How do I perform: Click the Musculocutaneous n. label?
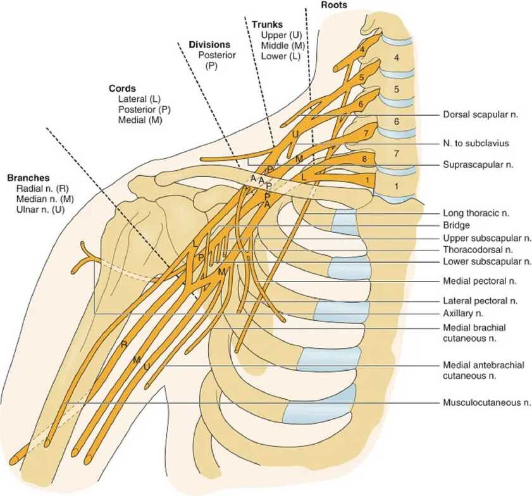point(486,402)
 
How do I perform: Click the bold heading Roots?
point(334,5)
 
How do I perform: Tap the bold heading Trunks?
point(267,25)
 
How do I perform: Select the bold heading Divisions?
point(209,45)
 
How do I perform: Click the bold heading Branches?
point(28,178)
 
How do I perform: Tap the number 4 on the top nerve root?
point(362,49)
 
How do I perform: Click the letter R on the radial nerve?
point(124,344)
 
